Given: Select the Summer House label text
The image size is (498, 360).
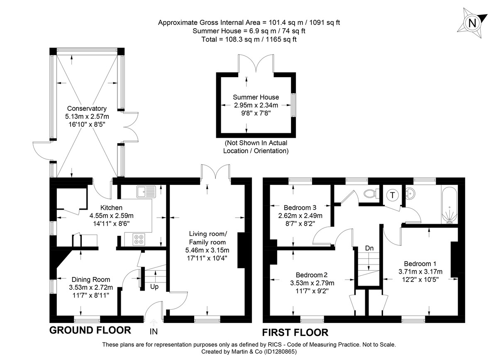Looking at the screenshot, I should point(256,97).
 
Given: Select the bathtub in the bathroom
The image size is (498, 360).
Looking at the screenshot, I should point(449,205).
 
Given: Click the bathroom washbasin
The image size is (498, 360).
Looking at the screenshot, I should point(412,193).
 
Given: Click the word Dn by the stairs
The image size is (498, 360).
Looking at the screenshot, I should point(369,248).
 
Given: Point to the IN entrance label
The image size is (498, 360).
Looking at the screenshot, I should point(154,331).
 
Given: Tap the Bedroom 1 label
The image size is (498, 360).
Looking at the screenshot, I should point(420,264).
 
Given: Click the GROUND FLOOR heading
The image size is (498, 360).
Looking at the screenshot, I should point(90,331).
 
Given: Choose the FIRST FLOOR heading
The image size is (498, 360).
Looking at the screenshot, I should point(295,332).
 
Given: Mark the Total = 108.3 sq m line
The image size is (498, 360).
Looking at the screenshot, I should point(249,39).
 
